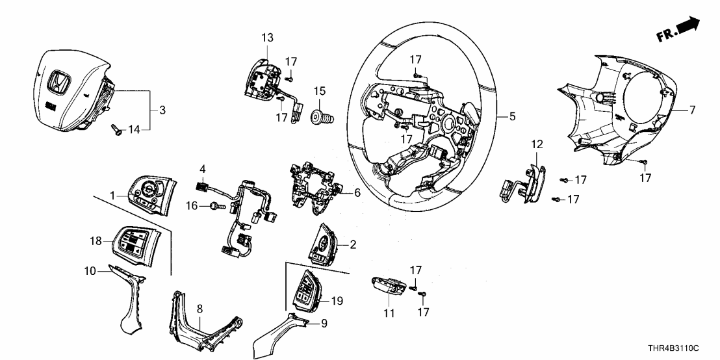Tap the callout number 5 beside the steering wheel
click(512, 118)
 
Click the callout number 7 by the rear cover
click(692, 110)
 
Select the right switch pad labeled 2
click(325, 244)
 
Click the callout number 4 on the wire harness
click(203, 170)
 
